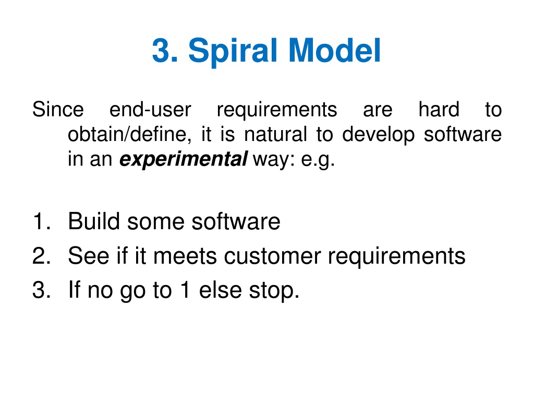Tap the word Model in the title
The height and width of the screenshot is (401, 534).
(334, 50)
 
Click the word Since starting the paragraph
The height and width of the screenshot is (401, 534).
(58, 110)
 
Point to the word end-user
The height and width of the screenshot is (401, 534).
(150, 110)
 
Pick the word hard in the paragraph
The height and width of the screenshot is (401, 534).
(439, 110)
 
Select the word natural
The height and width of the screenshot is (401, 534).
(275, 134)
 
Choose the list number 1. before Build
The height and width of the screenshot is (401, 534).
(42, 221)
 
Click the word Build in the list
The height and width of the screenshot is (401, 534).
(94, 221)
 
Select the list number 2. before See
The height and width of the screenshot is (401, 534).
(42, 255)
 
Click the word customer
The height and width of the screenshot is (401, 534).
(272, 256)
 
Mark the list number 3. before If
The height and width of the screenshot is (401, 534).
(42, 290)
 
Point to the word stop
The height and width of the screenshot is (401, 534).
(274, 291)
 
